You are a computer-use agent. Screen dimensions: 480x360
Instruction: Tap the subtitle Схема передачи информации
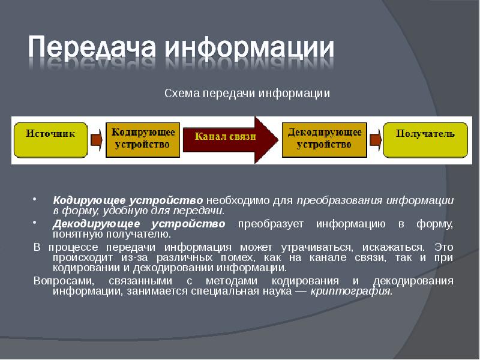(247, 94)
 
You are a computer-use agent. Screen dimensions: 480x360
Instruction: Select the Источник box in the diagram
(50, 139)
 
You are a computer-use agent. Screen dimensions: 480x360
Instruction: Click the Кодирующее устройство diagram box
(143, 139)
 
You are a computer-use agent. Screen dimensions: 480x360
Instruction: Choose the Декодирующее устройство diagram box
(325, 139)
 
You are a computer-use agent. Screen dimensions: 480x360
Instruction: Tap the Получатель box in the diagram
(425, 139)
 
